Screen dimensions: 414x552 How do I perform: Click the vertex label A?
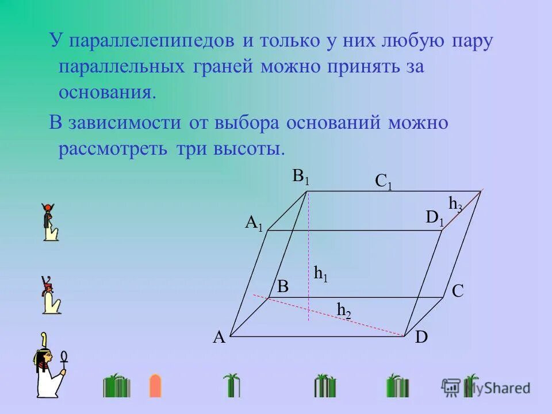coord(218,338)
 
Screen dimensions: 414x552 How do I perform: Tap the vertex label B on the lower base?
coord(283,287)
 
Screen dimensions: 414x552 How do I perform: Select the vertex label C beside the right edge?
coord(458,291)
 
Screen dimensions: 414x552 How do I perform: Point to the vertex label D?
coord(421,337)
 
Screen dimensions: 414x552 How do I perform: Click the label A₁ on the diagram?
coord(254,223)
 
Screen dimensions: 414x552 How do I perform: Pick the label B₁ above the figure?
coord(301,177)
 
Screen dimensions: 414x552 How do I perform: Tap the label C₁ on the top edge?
coord(384,182)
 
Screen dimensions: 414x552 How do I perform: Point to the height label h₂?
coord(344,310)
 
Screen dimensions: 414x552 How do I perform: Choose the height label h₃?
coord(455,204)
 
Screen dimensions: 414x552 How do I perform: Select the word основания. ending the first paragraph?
coord(108,92)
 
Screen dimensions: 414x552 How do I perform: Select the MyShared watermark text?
coord(497,388)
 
